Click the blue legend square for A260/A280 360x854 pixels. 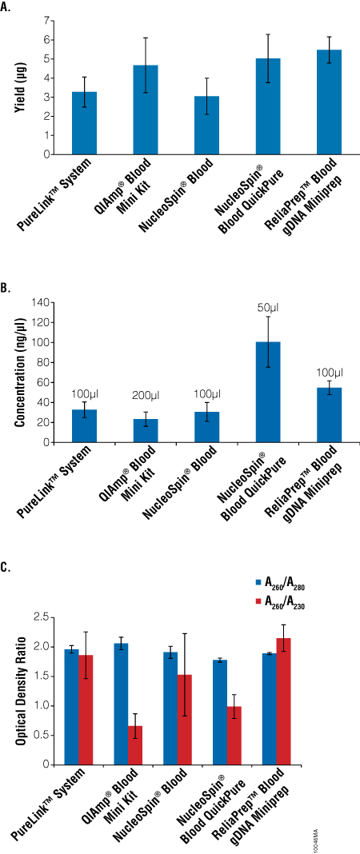[258, 581]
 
